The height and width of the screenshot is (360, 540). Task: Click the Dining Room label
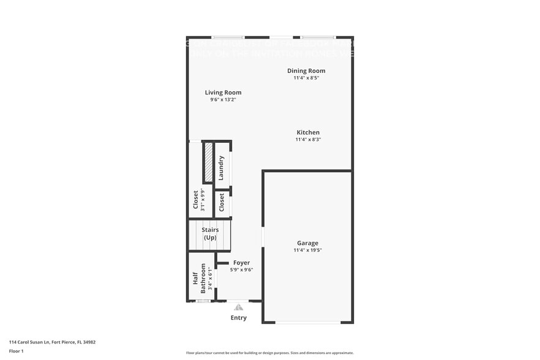pos(306,71)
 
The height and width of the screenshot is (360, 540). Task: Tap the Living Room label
pos(223,92)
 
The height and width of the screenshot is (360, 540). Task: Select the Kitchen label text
pos(308,132)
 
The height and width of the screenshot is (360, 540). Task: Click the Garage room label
pos(307,243)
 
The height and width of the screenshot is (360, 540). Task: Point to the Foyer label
pos(241,263)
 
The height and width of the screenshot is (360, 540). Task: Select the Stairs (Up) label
pos(210,233)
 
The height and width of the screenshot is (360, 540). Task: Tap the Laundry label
pos(222,167)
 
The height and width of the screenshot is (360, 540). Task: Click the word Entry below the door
pos(238,318)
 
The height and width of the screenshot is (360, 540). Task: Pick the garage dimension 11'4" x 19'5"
pos(307,250)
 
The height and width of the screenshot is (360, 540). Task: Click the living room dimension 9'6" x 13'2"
pos(223,100)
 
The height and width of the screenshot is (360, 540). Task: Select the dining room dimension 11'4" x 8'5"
pos(306,78)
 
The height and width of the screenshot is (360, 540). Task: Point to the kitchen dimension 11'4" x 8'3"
pos(308,140)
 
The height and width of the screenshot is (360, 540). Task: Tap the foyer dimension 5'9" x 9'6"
pos(241,270)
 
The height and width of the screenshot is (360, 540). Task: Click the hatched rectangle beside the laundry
pos(208,162)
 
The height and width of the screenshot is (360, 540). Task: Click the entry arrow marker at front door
pos(238,307)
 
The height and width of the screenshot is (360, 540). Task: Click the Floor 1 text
pos(16,351)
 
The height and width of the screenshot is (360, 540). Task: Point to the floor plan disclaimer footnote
pos(269,353)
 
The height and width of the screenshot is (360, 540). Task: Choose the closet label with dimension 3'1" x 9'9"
pos(196,200)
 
